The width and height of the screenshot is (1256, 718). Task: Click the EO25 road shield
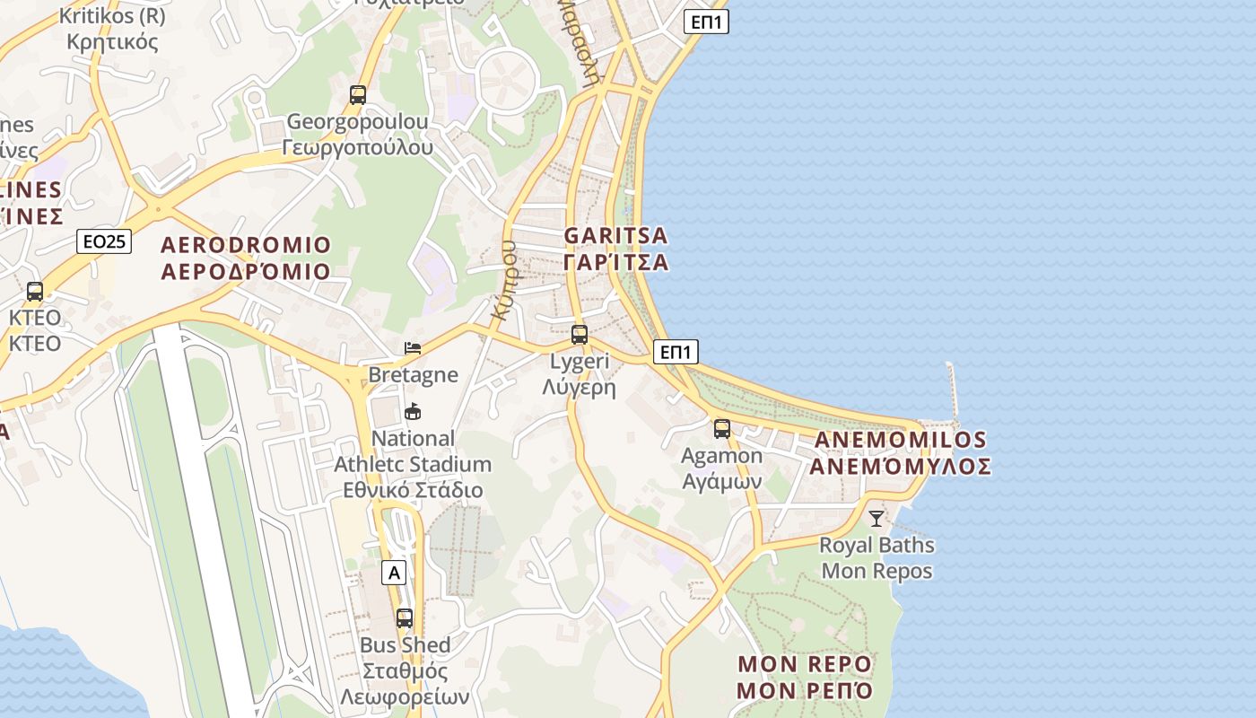click(x=104, y=241)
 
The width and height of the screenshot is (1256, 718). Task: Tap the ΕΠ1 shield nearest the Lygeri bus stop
click(x=676, y=352)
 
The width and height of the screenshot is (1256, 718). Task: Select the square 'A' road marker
click(x=393, y=573)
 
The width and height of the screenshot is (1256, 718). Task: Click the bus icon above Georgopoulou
click(x=358, y=94)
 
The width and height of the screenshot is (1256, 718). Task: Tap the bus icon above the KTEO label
click(x=35, y=292)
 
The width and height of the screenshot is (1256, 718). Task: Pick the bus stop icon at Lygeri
click(x=580, y=335)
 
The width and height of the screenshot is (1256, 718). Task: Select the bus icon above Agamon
click(x=722, y=429)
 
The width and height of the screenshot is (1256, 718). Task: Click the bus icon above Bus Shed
click(x=405, y=617)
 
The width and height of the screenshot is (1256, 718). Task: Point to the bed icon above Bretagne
click(x=413, y=347)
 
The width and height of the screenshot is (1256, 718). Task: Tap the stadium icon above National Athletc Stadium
click(x=413, y=412)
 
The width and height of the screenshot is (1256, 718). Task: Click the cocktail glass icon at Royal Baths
click(x=877, y=519)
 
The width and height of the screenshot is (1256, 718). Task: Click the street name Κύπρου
click(x=505, y=280)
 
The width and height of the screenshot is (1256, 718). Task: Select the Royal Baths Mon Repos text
click(x=877, y=558)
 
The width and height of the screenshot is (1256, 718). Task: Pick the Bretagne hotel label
click(x=413, y=375)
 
